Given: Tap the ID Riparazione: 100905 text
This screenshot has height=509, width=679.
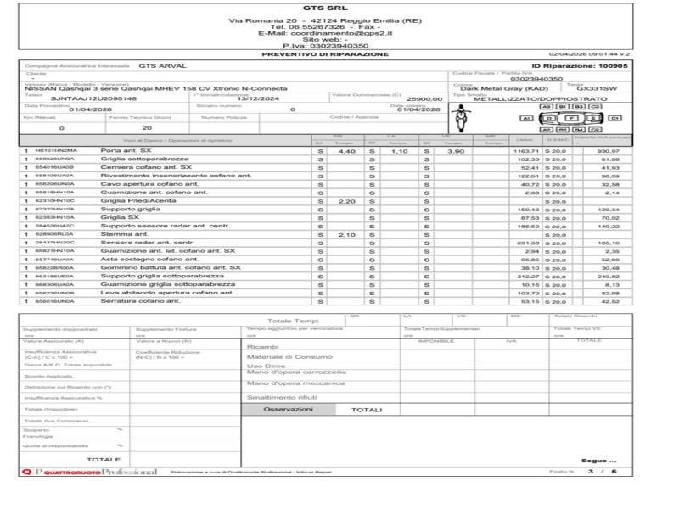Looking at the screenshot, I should coord(580,65).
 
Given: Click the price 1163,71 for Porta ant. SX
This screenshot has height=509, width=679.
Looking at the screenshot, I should coord(526,150).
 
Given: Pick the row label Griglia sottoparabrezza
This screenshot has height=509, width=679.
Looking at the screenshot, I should coord(144,159).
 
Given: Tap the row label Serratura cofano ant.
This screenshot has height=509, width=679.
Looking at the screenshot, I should coord(140,301).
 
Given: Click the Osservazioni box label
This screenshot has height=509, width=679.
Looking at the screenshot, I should coord(288,409).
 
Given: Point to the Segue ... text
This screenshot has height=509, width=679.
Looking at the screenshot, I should coord(594,461).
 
